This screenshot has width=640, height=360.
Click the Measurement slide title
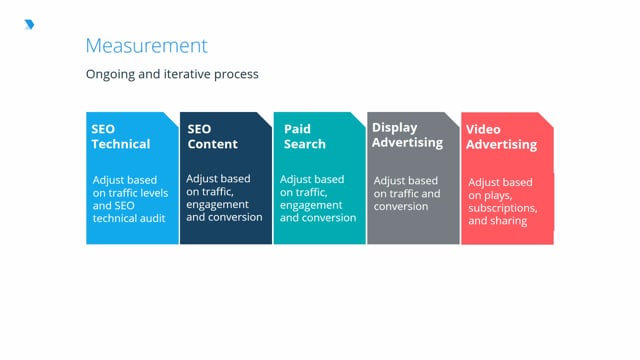click(x=147, y=46)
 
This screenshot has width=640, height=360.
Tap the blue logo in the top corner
click(x=28, y=24)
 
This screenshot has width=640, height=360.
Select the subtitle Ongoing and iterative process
click(x=173, y=74)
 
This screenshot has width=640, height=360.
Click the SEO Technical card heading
click(x=120, y=136)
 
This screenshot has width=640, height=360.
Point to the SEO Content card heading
click(x=212, y=136)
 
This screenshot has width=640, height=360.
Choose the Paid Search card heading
click(x=304, y=136)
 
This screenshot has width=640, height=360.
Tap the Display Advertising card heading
click(x=407, y=135)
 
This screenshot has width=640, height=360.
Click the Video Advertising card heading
click(x=501, y=137)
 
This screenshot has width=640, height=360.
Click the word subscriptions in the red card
click(x=503, y=208)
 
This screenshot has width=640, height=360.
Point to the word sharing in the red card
click(x=509, y=220)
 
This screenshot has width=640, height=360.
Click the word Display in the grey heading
click(x=394, y=128)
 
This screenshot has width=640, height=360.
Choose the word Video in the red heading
click(x=483, y=130)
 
